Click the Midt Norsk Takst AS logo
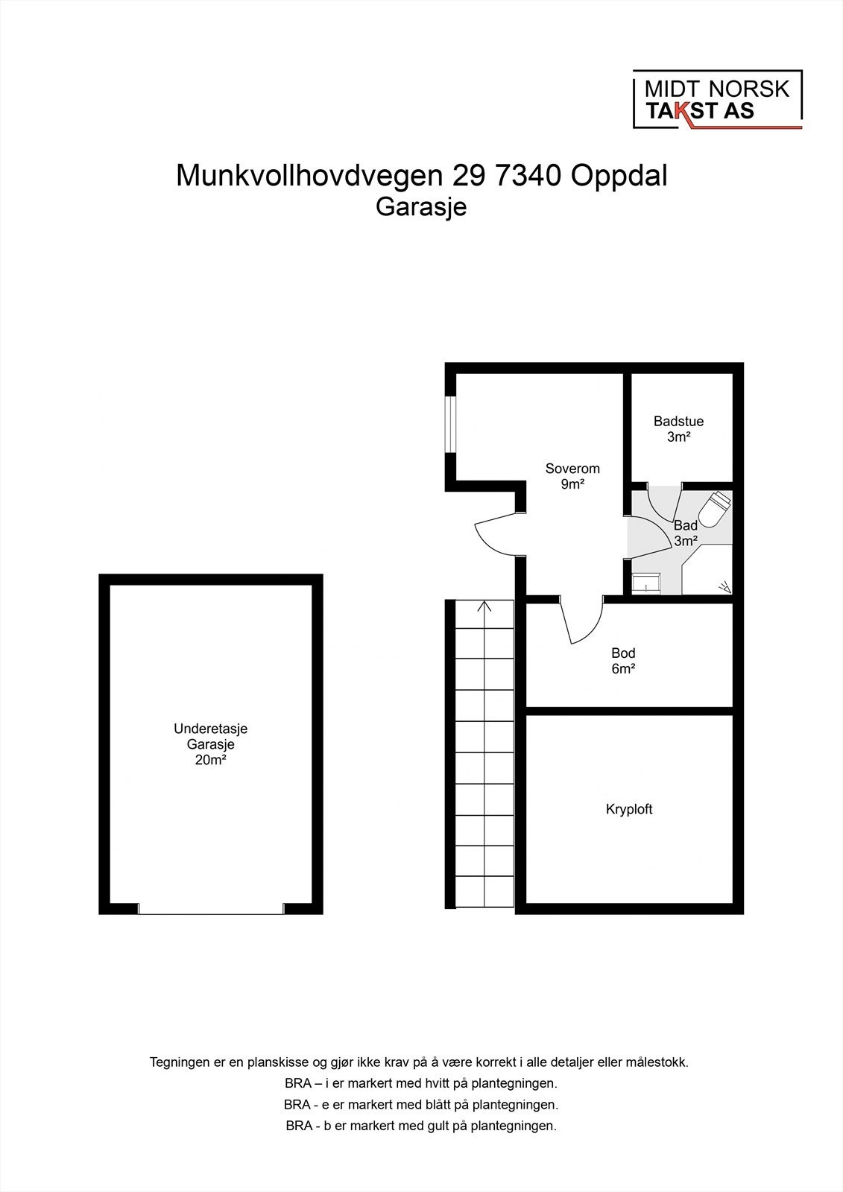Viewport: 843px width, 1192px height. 717,100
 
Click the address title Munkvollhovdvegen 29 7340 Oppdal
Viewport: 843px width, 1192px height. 421,176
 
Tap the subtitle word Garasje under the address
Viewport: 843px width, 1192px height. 421,206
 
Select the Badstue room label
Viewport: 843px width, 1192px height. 678,422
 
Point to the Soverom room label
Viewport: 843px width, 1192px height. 572,469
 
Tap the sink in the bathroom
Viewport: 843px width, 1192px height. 645,583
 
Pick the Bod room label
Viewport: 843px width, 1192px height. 623,654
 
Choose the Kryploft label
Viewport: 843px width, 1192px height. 629,809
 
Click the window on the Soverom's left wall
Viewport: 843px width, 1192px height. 450,423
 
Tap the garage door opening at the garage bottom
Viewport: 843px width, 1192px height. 212,909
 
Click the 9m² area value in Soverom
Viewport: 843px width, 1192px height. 572,484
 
